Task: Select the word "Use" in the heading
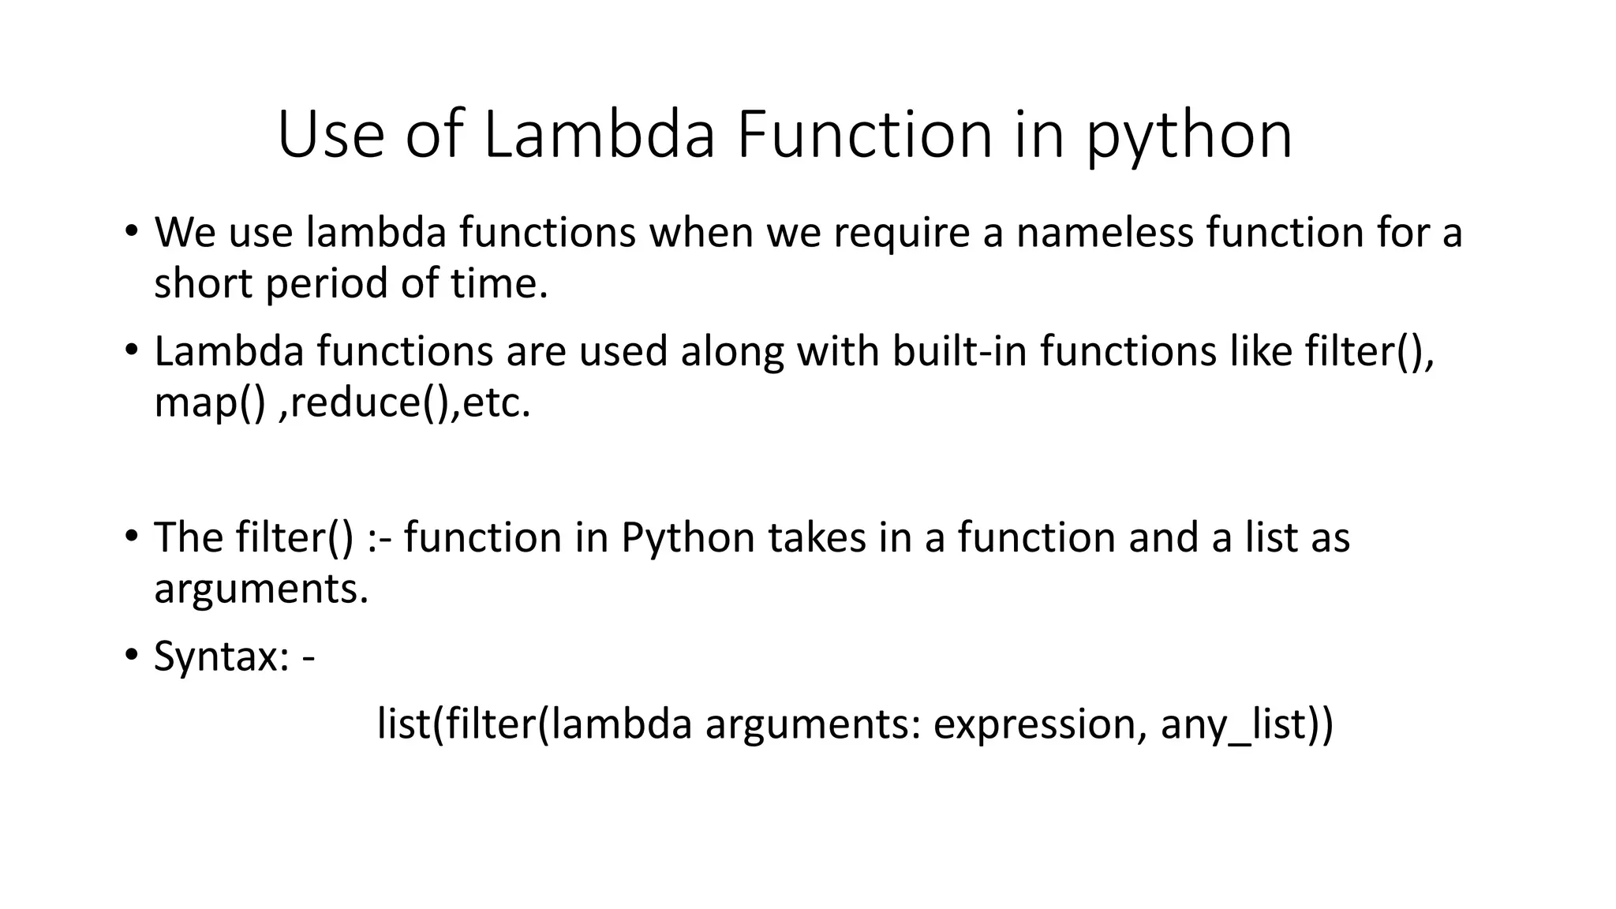tap(331, 136)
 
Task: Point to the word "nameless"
tap(1104, 233)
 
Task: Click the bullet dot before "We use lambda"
tap(131, 232)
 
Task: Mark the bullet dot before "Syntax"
tap(131, 656)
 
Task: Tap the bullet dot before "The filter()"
tap(131, 537)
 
